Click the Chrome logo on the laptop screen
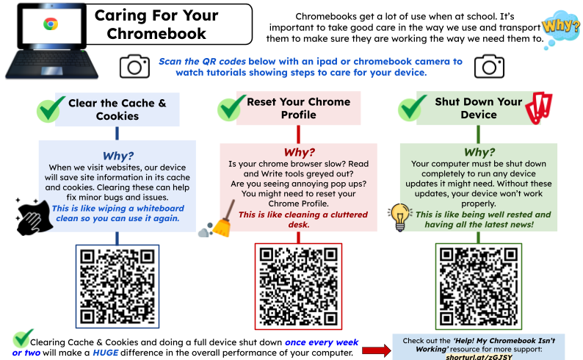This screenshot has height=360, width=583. (50, 24)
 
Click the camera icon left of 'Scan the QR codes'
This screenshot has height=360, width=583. (134, 67)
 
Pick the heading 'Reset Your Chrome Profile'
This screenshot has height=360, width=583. (298, 108)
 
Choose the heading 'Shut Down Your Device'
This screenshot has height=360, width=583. (478, 108)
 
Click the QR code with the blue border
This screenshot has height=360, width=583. (117, 285)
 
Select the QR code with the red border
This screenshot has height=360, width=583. (297, 286)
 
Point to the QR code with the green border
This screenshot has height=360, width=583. (478, 286)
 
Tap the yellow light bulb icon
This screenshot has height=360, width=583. (400, 215)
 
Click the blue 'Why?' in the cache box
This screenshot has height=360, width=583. (117, 156)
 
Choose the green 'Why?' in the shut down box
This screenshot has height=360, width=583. (478, 152)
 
